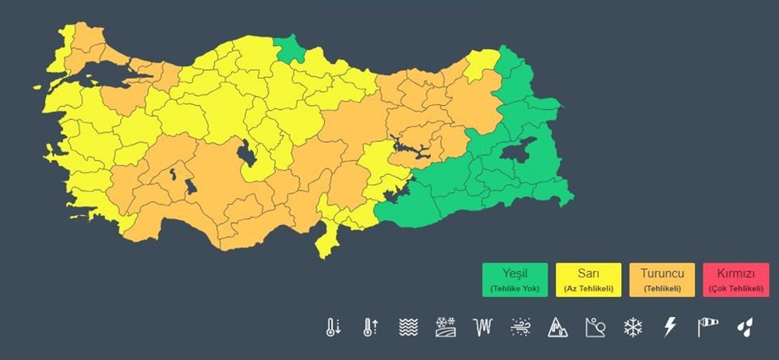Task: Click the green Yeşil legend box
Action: [514, 279]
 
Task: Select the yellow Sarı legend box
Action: [588, 279]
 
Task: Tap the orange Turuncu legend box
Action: [662, 279]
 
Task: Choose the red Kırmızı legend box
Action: [736, 279]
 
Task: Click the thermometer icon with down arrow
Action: [333, 327]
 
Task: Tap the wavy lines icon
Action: [408, 327]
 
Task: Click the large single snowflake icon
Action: [633, 327]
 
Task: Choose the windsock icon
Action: [707, 327]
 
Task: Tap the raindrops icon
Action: [745, 327]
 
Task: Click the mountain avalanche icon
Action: [558, 327]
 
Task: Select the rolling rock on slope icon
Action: [595, 327]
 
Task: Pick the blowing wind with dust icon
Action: [520, 327]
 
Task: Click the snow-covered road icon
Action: [446, 327]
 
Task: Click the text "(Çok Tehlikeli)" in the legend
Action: [736, 289]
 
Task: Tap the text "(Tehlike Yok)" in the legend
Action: [514, 289]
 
